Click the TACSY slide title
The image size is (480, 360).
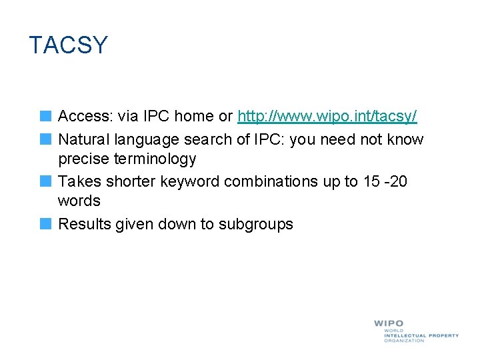[68, 45]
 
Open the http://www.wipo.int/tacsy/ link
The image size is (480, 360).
[327, 117]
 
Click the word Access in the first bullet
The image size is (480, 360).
[85, 117]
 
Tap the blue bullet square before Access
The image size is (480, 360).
[45, 116]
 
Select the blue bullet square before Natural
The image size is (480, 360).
[45, 139]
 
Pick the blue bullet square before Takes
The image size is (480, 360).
[45, 181]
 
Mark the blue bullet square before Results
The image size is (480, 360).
[45, 223]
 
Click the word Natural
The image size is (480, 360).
[84, 139]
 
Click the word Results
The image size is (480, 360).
[85, 225]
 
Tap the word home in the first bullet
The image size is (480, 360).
[195, 117]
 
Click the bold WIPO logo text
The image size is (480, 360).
[389, 324]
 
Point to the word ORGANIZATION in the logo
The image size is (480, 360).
[404, 341]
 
